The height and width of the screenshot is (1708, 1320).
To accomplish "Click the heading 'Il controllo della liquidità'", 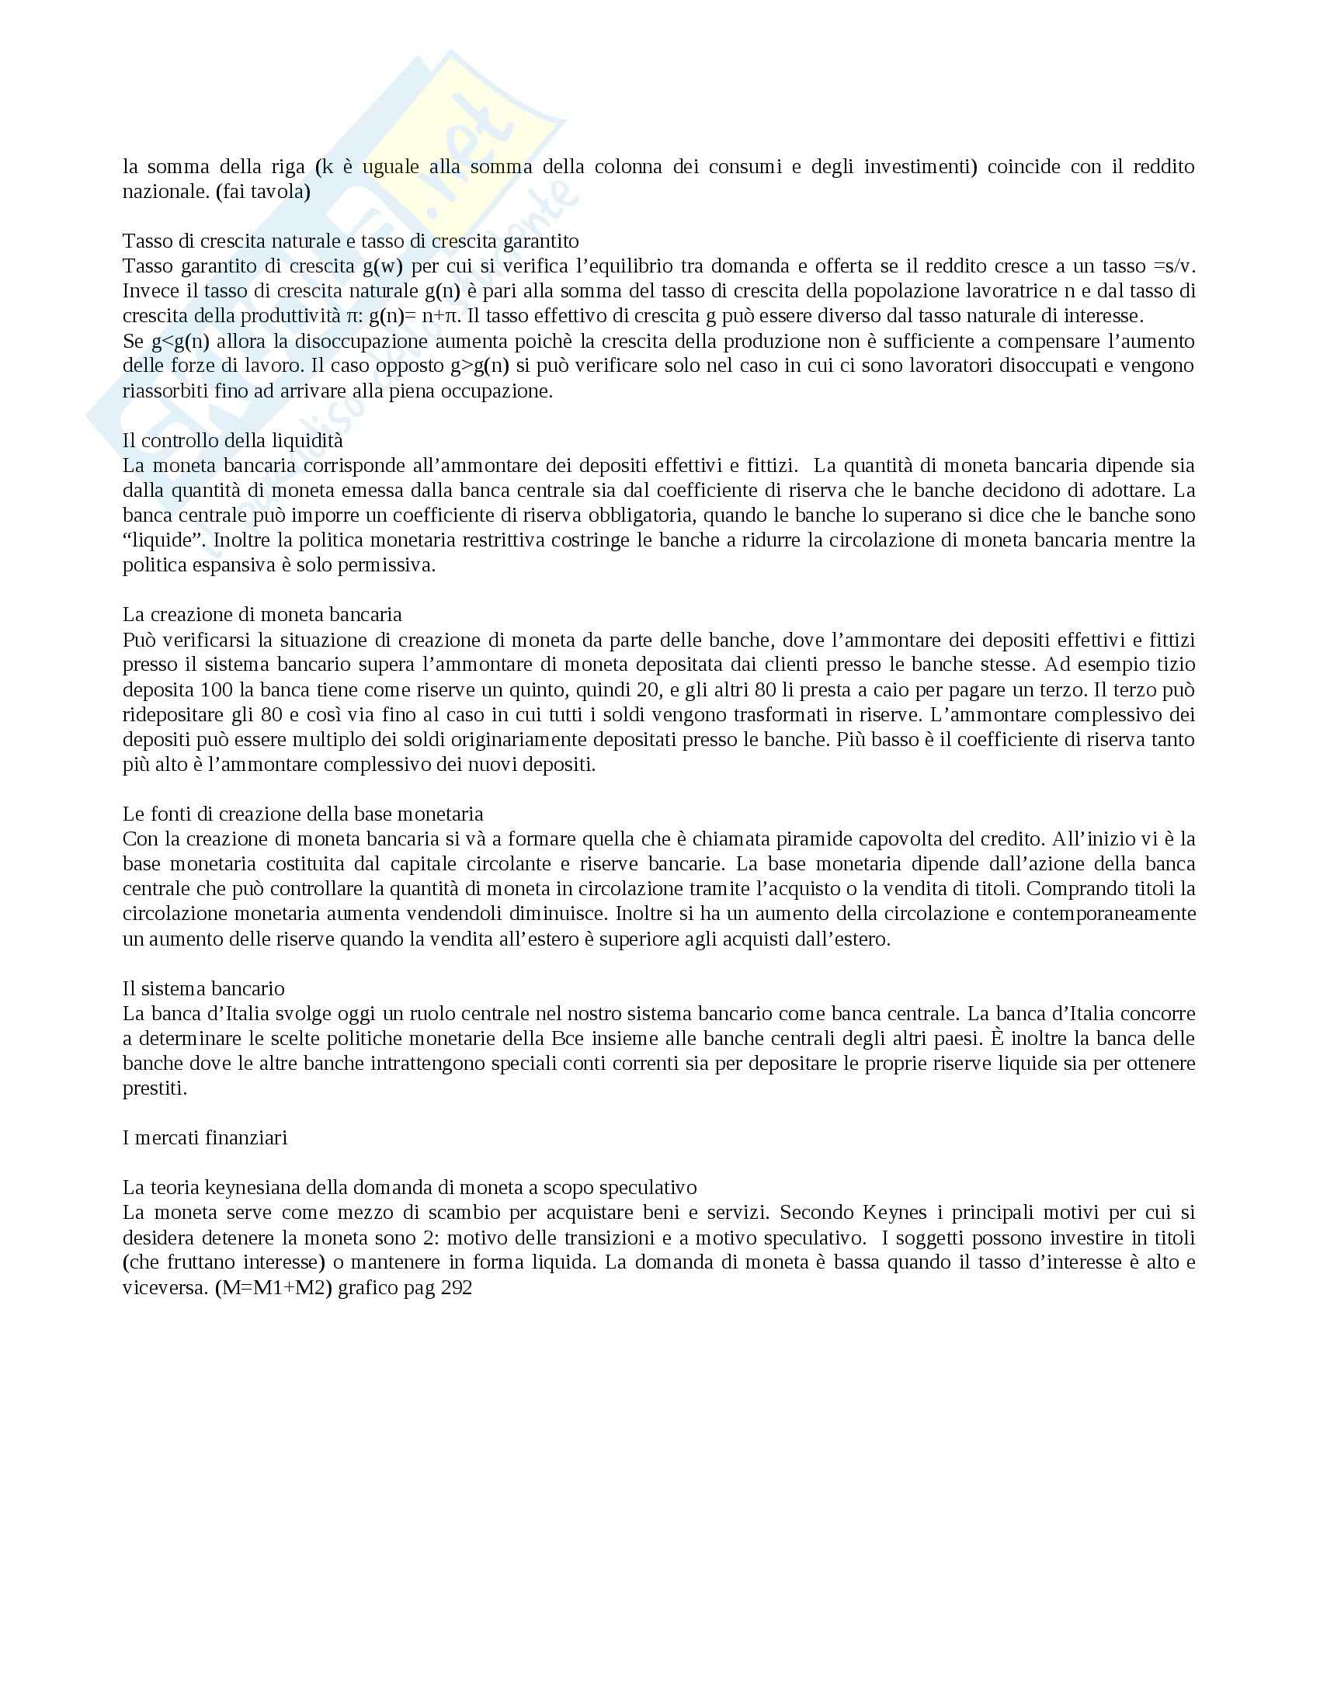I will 232,441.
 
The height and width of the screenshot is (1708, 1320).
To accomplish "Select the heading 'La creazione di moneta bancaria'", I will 262,615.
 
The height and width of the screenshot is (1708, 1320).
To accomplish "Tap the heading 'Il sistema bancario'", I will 203,988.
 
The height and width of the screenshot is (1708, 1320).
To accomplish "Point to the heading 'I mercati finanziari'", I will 205,1137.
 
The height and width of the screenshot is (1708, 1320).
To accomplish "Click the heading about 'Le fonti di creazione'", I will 303,814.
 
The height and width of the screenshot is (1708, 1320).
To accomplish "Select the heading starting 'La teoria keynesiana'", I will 409,1187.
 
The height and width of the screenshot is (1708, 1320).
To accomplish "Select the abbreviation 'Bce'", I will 554,1039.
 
